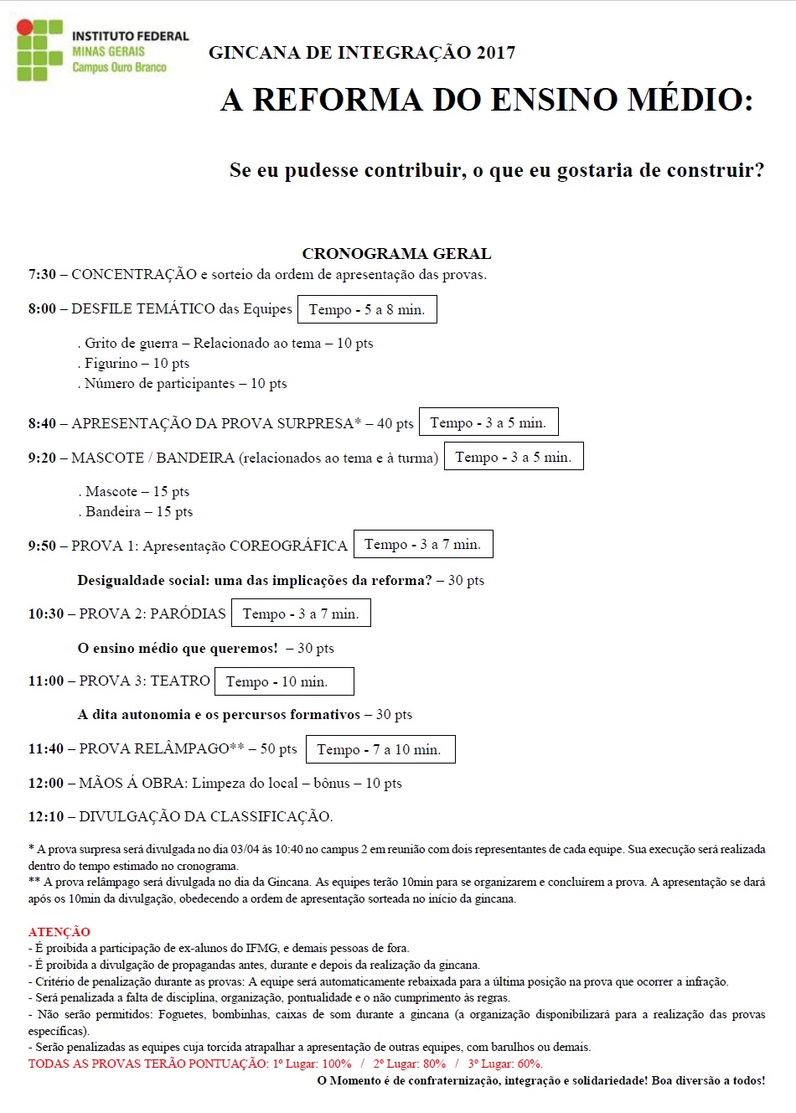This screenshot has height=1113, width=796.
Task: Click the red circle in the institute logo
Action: pos(25,28)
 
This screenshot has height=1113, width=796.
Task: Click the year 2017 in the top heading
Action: pos(495,53)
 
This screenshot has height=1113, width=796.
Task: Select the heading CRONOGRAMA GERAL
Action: pos(396,253)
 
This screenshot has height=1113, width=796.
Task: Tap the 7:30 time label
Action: pos(42,275)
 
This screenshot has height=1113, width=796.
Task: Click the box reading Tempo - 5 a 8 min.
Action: pos(367,309)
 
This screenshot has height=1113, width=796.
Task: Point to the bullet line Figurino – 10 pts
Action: pos(137,363)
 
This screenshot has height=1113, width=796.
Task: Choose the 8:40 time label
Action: pos(42,423)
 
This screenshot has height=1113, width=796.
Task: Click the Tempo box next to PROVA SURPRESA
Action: pos(488,422)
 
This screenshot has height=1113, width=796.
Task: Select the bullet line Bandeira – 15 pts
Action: pos(138,511)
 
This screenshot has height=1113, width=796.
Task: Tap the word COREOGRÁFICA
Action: pos(288,546)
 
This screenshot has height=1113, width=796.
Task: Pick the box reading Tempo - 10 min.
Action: pos(284,681)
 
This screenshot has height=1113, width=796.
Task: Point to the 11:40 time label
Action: pos(46,748)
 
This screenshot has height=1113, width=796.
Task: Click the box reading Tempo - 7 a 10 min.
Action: pos(380,749)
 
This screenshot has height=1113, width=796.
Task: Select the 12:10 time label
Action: pos(46,816)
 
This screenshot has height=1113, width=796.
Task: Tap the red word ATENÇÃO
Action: pos(59,931)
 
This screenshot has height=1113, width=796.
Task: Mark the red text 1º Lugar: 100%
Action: pos(312,1064)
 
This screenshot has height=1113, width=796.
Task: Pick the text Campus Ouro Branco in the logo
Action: pos(119,67)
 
